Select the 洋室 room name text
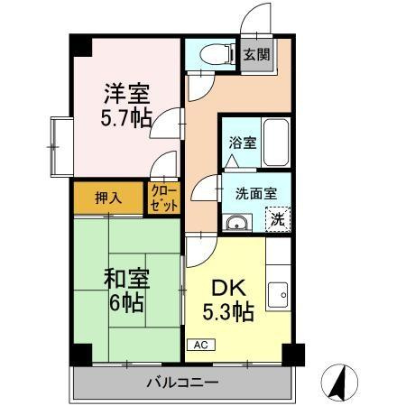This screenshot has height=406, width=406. click(x=126, y=94)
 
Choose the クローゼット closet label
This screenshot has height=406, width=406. click(x=164, y=198)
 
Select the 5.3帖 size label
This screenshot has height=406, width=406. click(x=229, y=313)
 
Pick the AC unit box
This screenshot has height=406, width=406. click(x=198, y=345)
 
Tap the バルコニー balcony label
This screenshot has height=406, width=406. click(x=182, y=383)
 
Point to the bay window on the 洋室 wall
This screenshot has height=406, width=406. click(x=59, y=145)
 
